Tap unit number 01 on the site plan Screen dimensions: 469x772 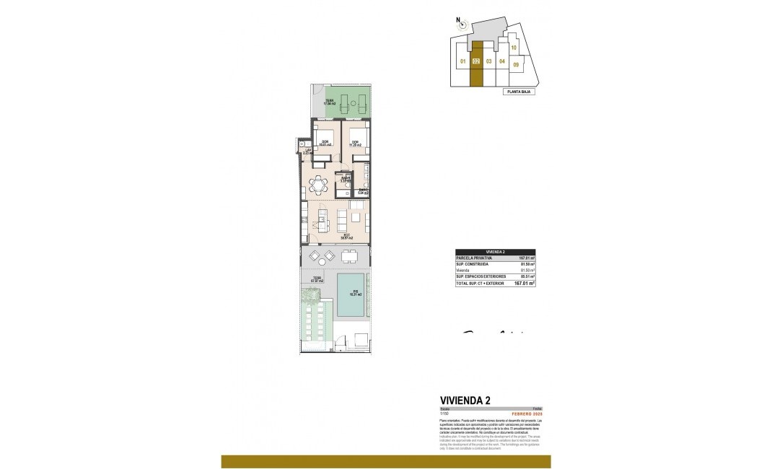coord(461,61)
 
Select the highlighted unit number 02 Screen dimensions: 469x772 coord(476,61)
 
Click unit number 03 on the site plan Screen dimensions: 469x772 coord(489,61)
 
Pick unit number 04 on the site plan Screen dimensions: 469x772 coord(502,61)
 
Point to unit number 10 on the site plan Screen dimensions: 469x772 coord(514,48)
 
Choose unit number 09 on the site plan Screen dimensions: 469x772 coord(516,64)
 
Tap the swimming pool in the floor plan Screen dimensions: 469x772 coord(351,295)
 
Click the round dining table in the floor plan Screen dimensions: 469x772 coord(317,185)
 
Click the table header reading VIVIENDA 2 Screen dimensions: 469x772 coord(495,251)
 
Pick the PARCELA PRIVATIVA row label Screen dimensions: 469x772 coord(474,258)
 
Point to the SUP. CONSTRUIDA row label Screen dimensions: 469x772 coord(472,264)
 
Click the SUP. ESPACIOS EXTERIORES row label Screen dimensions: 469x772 coord(480,277)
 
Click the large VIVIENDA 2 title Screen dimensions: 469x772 coord(466,401)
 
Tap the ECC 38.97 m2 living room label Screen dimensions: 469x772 coord(346,236)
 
